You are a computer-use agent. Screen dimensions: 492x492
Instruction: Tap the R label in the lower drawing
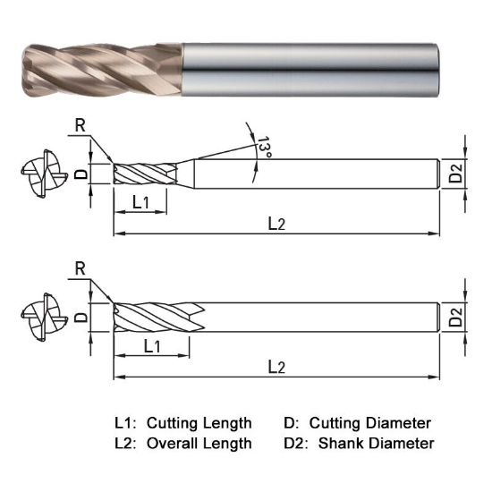[81, 268]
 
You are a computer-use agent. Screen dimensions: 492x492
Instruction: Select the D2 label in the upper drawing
[457, 174]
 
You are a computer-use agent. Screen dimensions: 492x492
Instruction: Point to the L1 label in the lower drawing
[152, 344]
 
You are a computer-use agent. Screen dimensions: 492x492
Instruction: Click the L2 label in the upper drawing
[276, 225]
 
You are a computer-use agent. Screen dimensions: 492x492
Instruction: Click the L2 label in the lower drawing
[276, 367]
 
